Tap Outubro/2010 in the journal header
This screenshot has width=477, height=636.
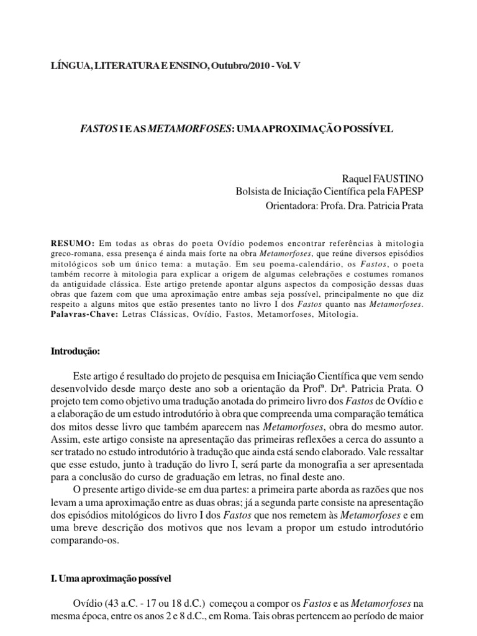pos(240,65)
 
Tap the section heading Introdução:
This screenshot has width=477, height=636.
pos(75,351)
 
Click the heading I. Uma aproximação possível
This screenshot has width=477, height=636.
pos(111,578)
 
